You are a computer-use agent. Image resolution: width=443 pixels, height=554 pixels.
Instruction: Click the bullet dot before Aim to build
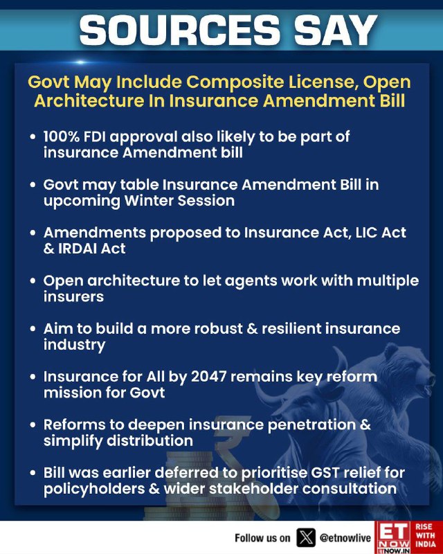click(x=33, y=329)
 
